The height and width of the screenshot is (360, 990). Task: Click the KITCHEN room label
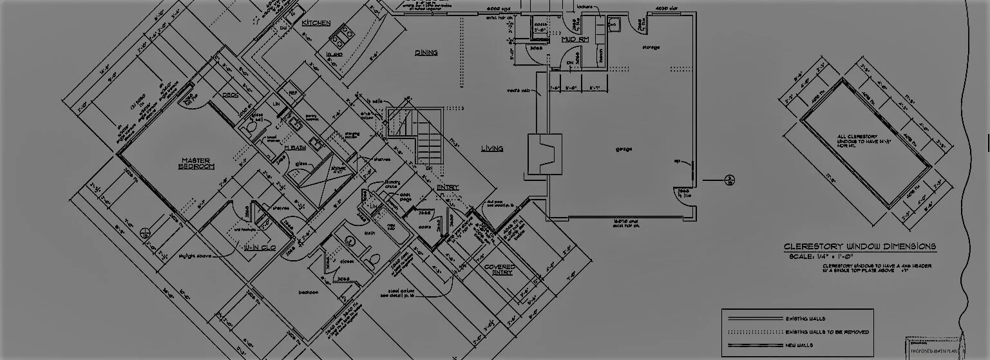[316, 23]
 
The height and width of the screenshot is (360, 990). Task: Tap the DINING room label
[426, 53]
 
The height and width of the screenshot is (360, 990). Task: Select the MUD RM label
[575, 40]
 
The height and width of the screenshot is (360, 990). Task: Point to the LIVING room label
[492, 149]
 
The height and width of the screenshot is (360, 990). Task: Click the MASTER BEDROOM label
[197, 164]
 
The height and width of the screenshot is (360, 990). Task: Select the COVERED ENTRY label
[499, 269]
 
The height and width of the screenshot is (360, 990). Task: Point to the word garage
[624, 149]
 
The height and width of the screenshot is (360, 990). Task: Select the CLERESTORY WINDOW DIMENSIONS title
[859, 247]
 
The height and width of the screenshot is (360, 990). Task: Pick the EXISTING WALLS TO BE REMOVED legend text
[827, 332]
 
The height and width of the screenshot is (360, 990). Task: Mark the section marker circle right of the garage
[730, 180]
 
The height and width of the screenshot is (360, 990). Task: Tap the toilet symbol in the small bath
[370, 260]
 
